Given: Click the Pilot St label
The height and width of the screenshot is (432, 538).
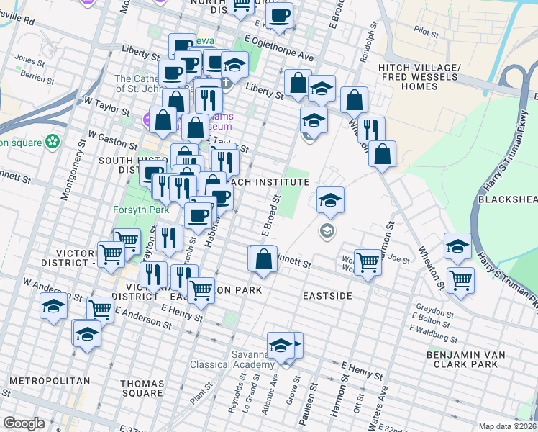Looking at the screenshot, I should click(427, 31).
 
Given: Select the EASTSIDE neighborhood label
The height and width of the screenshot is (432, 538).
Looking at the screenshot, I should click(327, 296).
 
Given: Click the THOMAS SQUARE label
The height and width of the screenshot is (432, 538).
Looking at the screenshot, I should click(142, 388).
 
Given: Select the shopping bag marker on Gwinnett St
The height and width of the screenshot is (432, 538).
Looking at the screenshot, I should click(264, 258).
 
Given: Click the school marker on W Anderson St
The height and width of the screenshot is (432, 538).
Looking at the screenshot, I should click(53, 307).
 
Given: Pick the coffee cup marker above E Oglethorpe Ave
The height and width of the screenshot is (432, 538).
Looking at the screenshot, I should click(279, 14).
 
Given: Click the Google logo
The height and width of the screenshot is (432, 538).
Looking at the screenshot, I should click(24, 423).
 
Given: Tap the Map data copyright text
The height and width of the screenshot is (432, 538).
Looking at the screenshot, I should click(507, 426).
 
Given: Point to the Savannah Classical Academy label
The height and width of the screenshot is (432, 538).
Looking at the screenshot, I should click(232, 359).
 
